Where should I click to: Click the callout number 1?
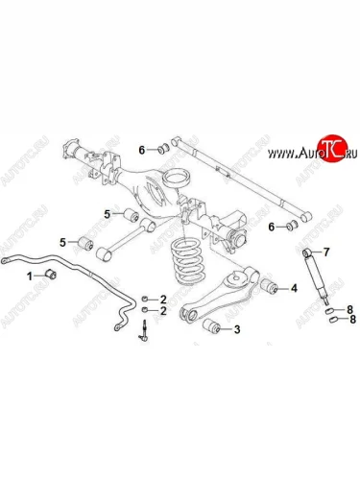click(30, 276)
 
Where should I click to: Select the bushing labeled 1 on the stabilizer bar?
click(51, 274)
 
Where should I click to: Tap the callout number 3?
click(237, 329)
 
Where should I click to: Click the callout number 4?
click(294, 288)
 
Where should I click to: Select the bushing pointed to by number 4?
click(269, 286)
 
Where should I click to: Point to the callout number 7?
click(325, 252)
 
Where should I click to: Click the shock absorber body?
click(316, 276)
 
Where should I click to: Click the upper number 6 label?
click(142, 150)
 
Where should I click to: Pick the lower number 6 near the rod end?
click(272, 228)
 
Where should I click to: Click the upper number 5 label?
click(107, 214)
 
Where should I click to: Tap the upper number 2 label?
click(163, 300)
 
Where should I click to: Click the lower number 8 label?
click(352, 319)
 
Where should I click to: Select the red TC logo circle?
click(332, 148)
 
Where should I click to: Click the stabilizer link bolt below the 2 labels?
click(145, 330)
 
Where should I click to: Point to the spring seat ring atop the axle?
click(177, 179)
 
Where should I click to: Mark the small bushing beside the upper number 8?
click(330, 310)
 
